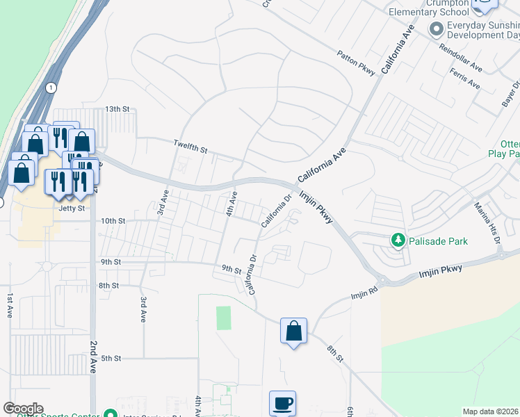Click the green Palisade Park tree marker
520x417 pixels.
398,240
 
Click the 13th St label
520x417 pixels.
117,109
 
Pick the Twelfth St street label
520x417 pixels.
190,145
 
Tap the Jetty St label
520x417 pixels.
71,208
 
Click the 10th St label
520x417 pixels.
112,220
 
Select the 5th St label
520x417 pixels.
111,358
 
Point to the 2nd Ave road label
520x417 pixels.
92,357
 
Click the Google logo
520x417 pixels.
23,409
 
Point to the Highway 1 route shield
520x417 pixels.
51,88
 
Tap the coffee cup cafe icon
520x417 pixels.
282,403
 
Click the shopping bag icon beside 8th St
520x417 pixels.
293,330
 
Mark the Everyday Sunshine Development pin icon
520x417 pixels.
436,28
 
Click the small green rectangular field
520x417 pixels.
223,318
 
